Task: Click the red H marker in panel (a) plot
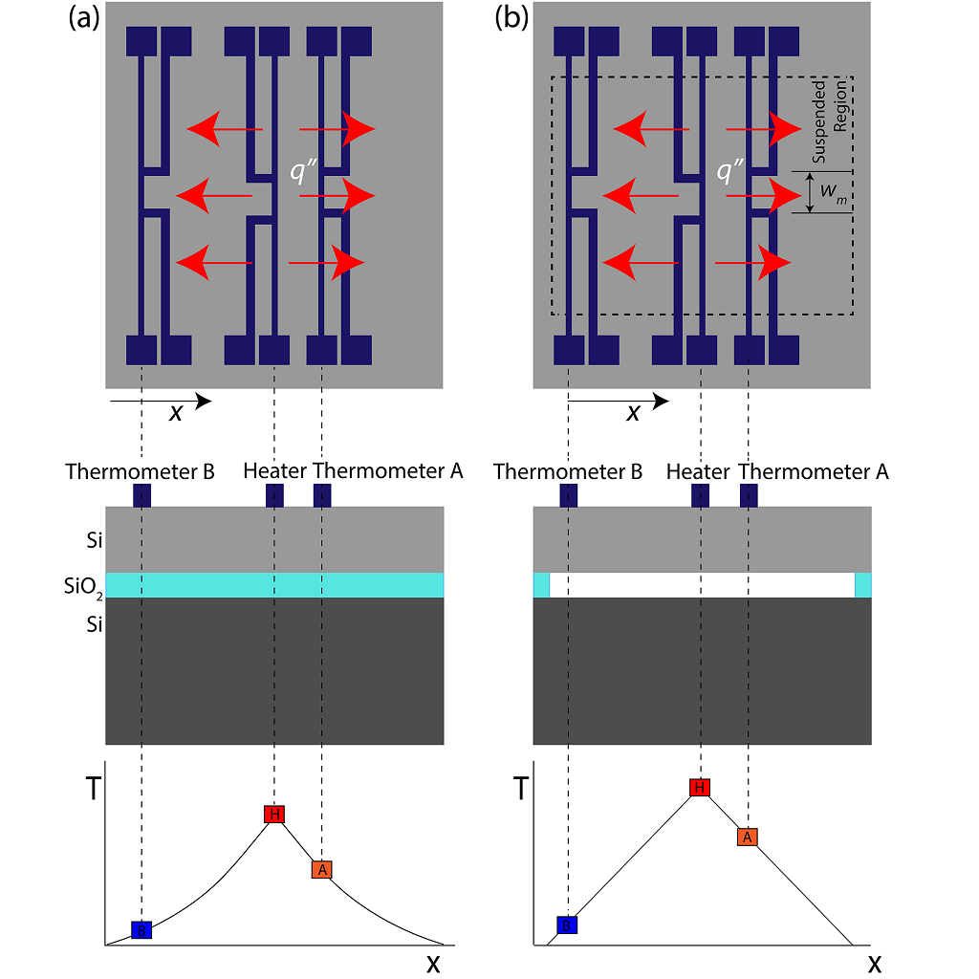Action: pyautogui.click(x=274, y=815)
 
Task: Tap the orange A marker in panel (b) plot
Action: pyautogui.click(x=748, y=837)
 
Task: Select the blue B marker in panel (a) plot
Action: pyautogui.click(x=141, y=929)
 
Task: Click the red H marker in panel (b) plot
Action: pyautogui.click(x=700, y=787)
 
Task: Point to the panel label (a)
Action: pyautogui.click(x=84, y=20)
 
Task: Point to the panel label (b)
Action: pyautogui.click(x=511, y=20)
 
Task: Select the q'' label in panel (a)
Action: pyautogui.click(x=304, y=171)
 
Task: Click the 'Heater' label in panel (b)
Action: pyautogui.click(x=698, y=471)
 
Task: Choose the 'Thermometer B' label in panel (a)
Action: pyautogui.click(x=141, y=471)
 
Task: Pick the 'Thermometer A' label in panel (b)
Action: pyautogui.click(x=815, y=471)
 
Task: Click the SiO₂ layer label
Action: pyautogui.click(x=79, y=585)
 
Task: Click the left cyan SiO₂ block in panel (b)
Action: pyautogui.click(x=541, y=585)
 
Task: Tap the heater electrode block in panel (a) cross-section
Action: pyautogui.click(x=274, y=496)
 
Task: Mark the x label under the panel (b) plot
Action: pyautogui.click(x=874, y=963)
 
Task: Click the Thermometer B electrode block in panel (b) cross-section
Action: pyautogui.click(x=568, y=496)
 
